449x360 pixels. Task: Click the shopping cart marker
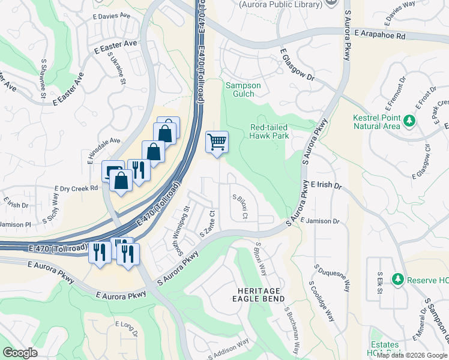pyautogui.click(x=217, y=142)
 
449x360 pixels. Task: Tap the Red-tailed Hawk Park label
pyautogui.click(x=270, y=131)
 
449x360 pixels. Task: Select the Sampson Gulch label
pyautogui.click(x=243, y=89)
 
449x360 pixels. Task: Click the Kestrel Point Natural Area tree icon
pyautogui.click(x=409, y=121)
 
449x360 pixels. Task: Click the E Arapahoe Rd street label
pyautogui.click(x=379, y=36)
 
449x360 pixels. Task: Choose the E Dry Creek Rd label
pyautogui.click(x=76, y=188)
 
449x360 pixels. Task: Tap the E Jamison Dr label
pyautogui.click(x=320, y=221)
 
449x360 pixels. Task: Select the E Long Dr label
pyautogui.click(x=126, y=328)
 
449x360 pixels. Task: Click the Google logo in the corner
pyautogui.click(x=20, y=353)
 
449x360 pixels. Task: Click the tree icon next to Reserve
pyautogui.click(x=396, y=280)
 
